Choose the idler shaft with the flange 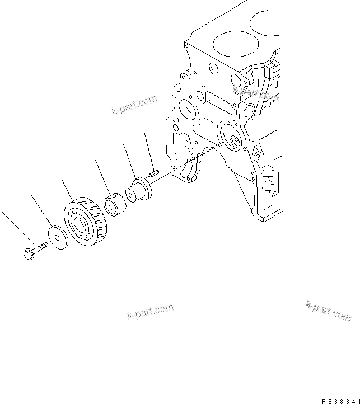pyautogui.click(x=139, y=189)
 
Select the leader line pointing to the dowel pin pyautogui.click(x=149, y=151)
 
